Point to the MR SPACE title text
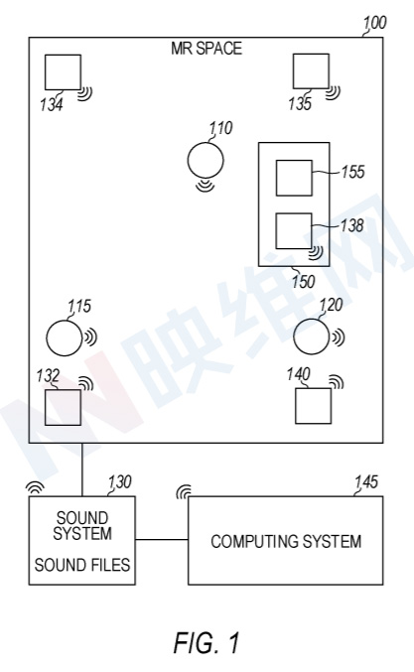(x=207, y=48)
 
